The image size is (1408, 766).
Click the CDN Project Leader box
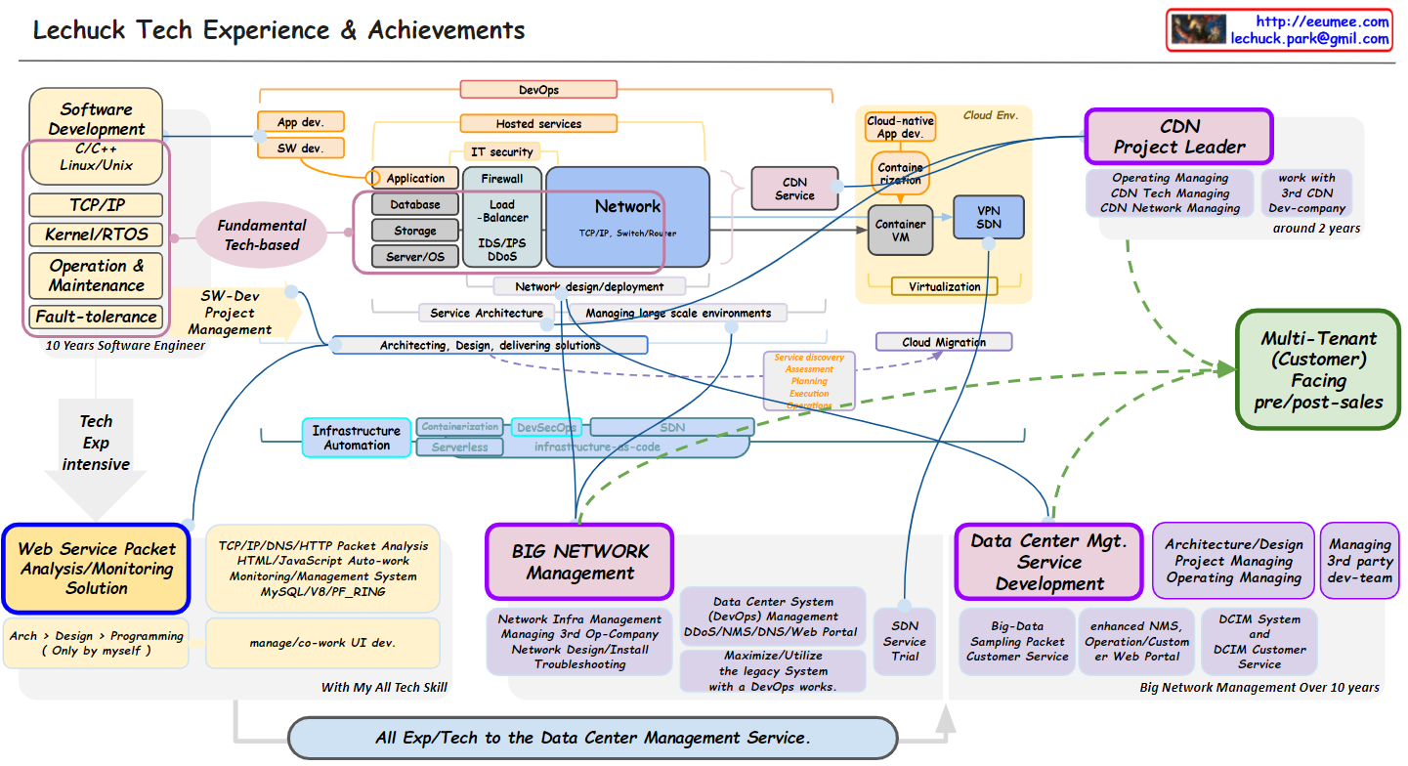1178,137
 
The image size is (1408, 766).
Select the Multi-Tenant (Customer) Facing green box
1318,369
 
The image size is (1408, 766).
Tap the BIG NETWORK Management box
579,562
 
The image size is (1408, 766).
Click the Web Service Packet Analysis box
97,569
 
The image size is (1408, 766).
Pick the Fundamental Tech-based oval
261,234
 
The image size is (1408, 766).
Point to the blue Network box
627,217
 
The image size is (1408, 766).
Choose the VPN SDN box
989,217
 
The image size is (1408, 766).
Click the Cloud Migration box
944,342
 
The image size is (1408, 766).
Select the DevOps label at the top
538,90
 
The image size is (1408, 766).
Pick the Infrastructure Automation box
357,438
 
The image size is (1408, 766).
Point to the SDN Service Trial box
904,642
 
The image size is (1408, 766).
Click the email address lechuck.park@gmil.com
1309,39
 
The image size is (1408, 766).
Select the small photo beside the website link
1198,29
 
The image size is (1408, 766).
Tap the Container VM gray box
900,231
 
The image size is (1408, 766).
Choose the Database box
415,205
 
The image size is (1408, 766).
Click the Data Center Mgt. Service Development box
1048,562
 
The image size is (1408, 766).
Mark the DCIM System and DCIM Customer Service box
1259,642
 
